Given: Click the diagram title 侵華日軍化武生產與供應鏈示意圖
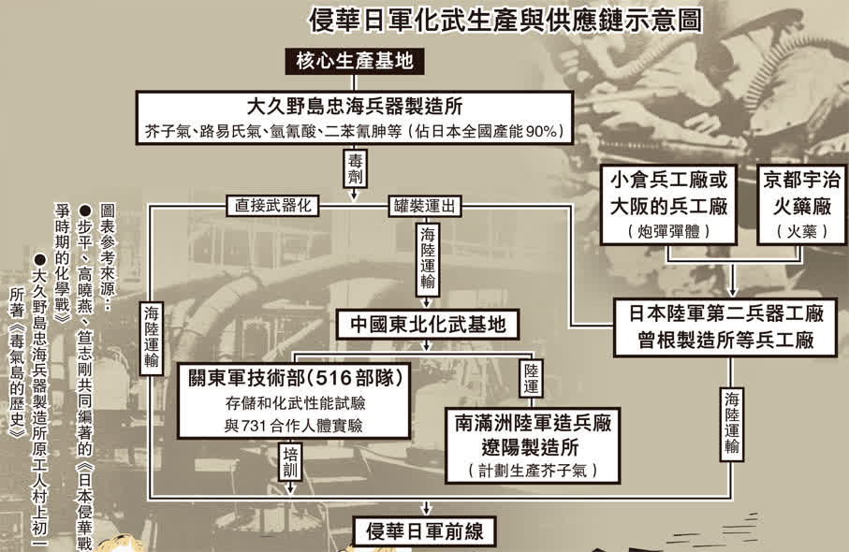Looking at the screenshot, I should pyautogui.click(x=506, y=20).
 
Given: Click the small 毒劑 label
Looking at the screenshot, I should pyautogui.click(x=354, y=168).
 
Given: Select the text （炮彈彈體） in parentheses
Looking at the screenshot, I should pyautogui.click(x=668, y=231).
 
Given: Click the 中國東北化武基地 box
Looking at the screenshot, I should pyautogui.click(x=428, y=324).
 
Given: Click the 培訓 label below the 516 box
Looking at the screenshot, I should pyautogui.click(x=291, y=463).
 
